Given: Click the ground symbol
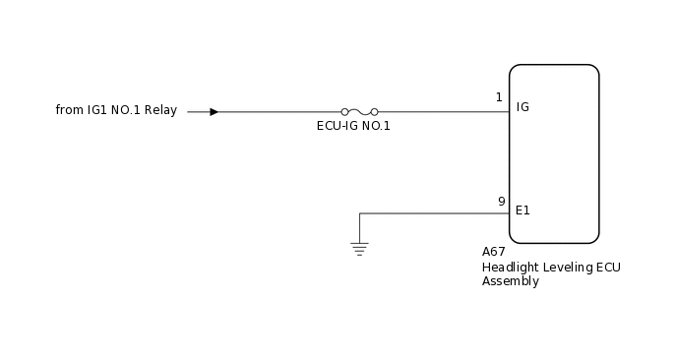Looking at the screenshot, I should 360,248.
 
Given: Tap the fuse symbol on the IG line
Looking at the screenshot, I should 359,112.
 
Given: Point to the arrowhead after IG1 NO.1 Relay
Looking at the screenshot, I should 214,112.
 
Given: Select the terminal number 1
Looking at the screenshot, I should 499,97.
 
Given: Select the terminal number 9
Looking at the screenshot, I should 501,202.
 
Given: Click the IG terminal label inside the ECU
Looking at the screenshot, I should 523,106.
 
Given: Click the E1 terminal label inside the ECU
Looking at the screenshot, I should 523,210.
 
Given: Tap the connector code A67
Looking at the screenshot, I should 493,252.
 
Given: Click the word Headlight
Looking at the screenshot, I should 510,267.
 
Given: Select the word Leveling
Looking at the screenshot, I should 566,267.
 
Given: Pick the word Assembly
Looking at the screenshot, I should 510,281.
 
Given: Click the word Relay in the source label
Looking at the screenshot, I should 160,110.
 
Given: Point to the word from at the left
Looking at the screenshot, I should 69,110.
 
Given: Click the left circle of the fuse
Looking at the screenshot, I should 344,112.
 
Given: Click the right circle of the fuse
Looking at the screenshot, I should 375,112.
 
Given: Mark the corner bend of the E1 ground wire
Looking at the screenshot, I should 360,213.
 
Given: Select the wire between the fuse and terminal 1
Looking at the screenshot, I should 443,112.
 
